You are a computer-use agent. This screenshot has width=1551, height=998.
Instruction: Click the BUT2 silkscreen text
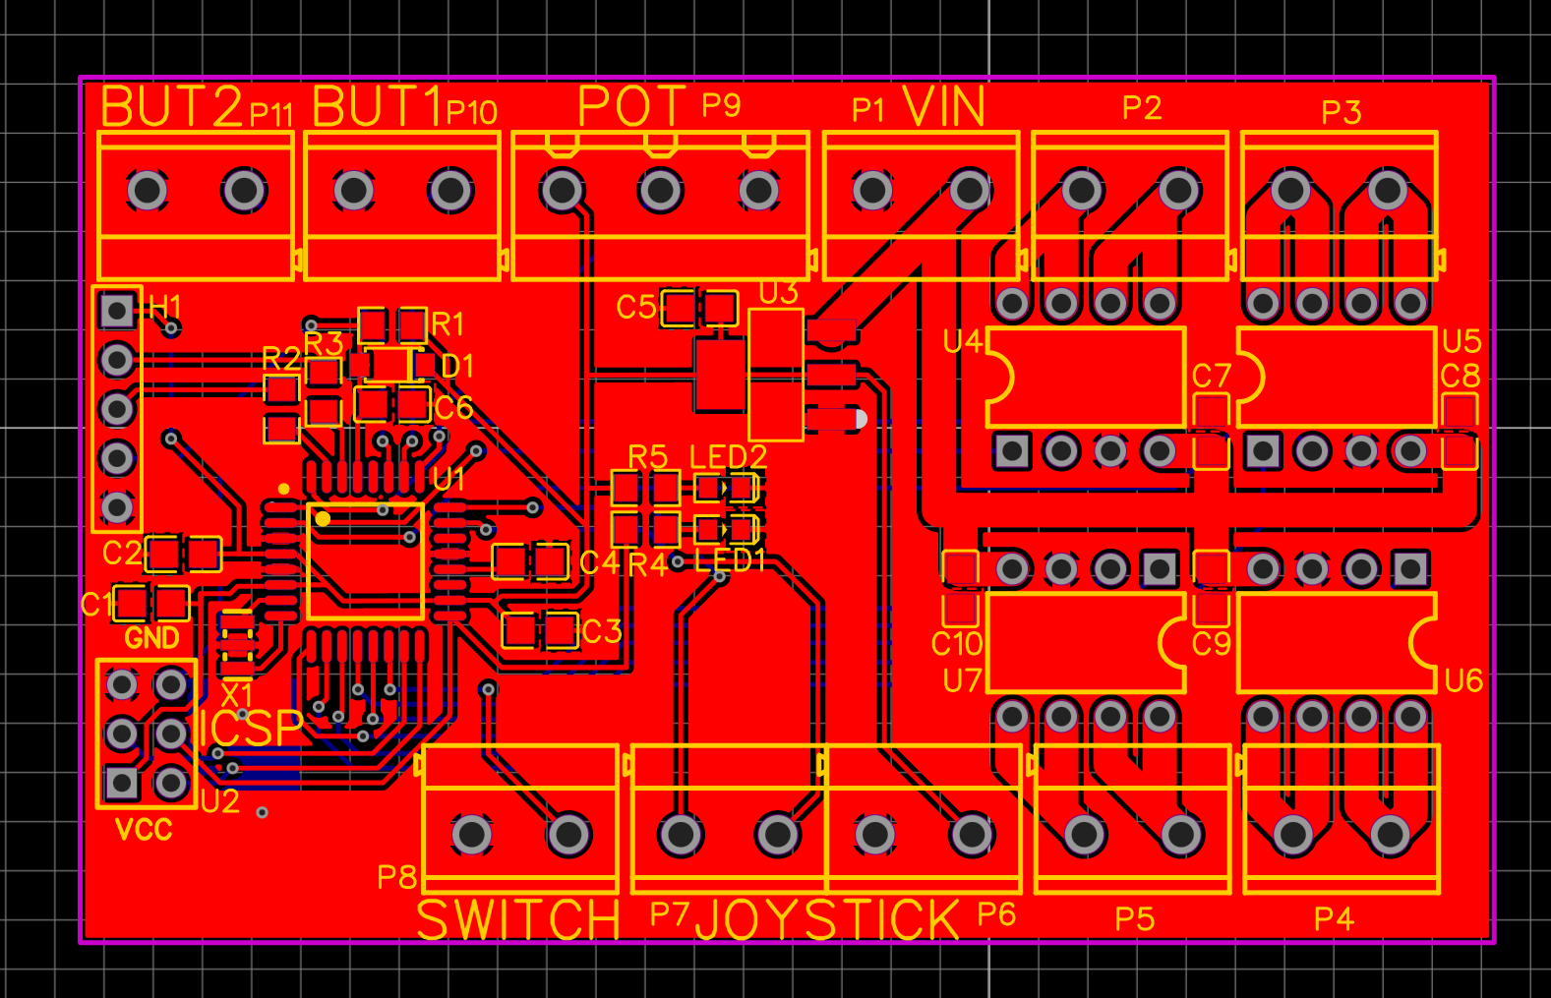point(171,107)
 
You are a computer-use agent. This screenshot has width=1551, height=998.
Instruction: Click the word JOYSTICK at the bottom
point(827,920)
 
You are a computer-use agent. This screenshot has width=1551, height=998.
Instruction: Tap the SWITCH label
point(518,920)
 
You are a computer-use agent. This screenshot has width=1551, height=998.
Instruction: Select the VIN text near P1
point(943,106)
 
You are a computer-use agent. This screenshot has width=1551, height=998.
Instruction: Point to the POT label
point(630,106)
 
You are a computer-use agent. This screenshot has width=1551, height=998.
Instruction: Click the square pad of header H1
point(117,311)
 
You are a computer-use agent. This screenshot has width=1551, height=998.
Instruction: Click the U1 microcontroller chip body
point(366,561)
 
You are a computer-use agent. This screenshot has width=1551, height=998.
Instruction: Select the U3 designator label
point(778,293)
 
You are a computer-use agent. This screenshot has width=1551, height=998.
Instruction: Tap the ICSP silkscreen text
point(251,729)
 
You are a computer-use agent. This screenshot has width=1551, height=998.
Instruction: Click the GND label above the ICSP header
point(151,639)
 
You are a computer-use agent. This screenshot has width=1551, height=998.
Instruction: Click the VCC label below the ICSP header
point(144,830)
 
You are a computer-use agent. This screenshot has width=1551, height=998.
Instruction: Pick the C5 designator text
point(635,308)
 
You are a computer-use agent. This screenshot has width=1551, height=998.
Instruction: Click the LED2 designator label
point(728,456)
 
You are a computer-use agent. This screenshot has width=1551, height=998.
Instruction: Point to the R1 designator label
point(447,323)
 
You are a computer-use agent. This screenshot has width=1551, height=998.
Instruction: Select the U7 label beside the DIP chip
point(962,680)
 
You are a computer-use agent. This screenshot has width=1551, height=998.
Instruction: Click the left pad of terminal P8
point(472,835)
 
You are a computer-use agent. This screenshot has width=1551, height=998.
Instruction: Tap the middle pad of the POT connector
point(660,191)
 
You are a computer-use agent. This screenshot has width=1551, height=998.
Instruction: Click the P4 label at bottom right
point(1334,919)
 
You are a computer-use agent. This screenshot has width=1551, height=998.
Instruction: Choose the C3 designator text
point(602,631)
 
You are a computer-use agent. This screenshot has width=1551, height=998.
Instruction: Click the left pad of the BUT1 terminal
point(354,191)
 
